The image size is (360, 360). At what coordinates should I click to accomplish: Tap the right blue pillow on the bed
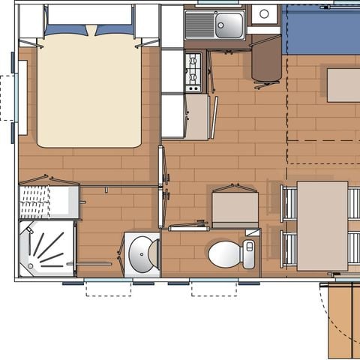click(x=116, y=30)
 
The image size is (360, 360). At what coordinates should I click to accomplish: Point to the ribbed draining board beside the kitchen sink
click(x=199, y=25)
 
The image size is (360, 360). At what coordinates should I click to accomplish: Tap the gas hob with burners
click(x=193, y=71)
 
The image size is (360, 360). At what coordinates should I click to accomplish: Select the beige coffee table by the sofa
click(x=343, y=85)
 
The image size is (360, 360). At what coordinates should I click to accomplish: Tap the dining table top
click(x=322, y=225)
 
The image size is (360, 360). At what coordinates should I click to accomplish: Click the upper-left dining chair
click(x=288, y=203)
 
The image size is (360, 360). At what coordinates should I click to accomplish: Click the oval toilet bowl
click(x=223, y=254)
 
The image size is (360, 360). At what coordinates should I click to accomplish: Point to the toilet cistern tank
click(x=250, y=253)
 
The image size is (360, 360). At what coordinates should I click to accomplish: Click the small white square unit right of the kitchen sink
click(x=265, y=13)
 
